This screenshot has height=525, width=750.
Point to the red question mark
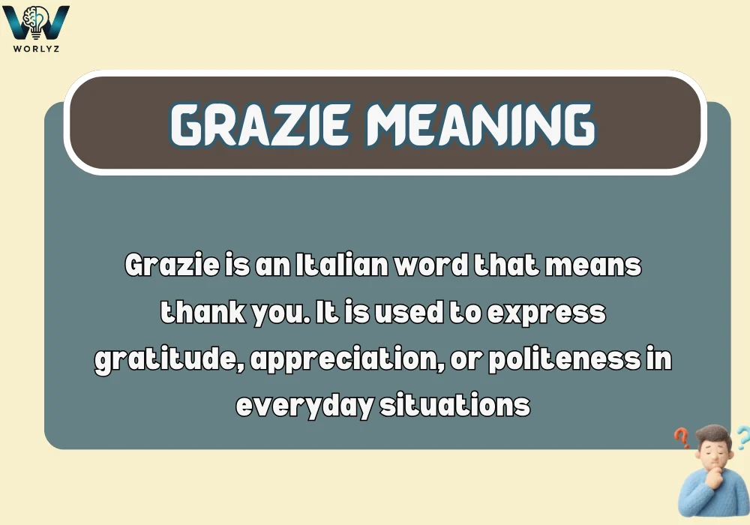681,437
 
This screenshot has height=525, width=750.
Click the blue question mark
742,436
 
